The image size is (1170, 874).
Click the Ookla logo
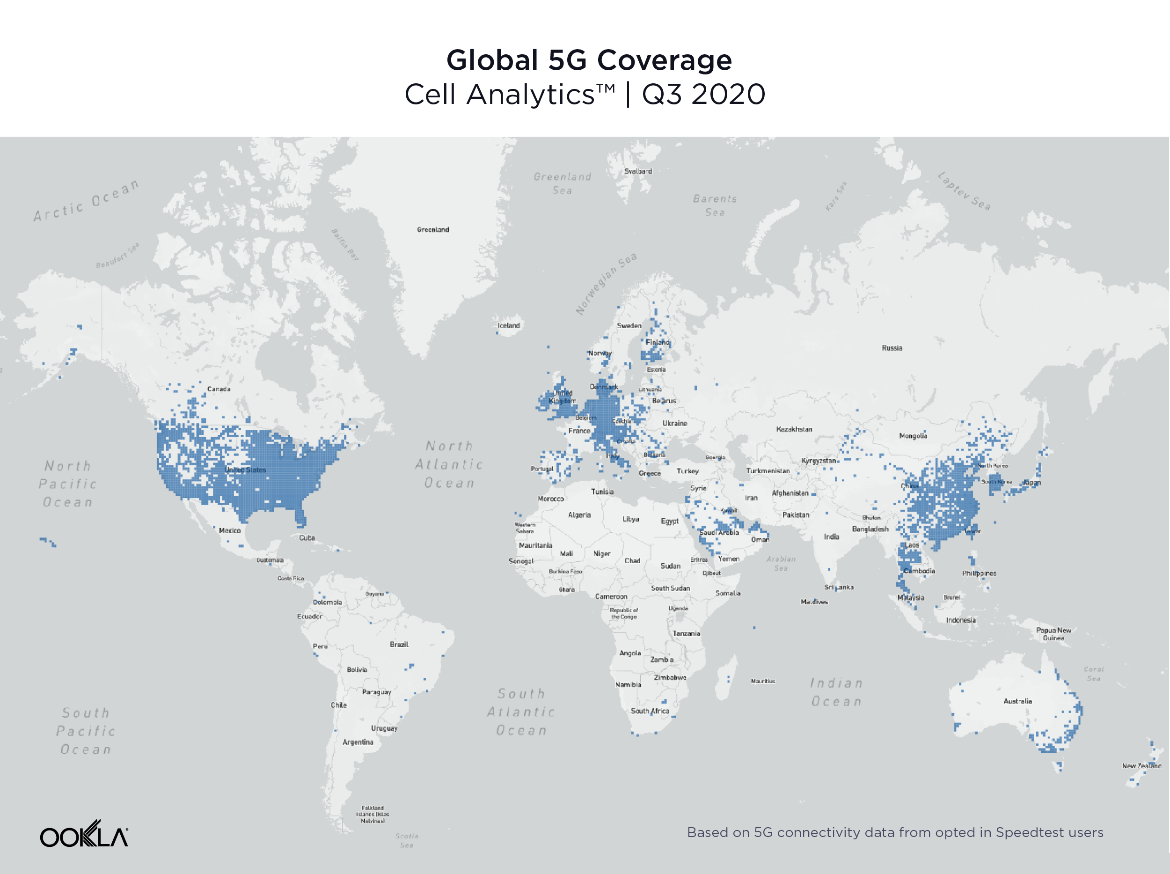[84, 834]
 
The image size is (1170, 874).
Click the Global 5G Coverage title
[589, 60]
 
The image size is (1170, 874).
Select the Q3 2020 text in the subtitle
[703, 95]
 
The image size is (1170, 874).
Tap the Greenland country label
[433, 229]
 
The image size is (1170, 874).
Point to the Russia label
[892, 348]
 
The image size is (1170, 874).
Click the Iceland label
[509, 325]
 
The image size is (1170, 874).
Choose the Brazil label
[399, 645]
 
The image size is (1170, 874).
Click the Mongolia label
[913, 436]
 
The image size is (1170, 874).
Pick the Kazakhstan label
[794, 429]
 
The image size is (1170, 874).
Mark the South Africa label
[650, 711]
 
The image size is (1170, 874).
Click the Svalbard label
[638, 171]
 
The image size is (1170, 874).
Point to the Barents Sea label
[715, 205]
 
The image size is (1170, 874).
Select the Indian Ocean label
[836, 692]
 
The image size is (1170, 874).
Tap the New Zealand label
[1141, 766]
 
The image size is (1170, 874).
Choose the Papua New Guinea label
[1053, 634]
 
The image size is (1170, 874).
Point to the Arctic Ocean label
[86, 200]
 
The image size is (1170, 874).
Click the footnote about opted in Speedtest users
[895, 833]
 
